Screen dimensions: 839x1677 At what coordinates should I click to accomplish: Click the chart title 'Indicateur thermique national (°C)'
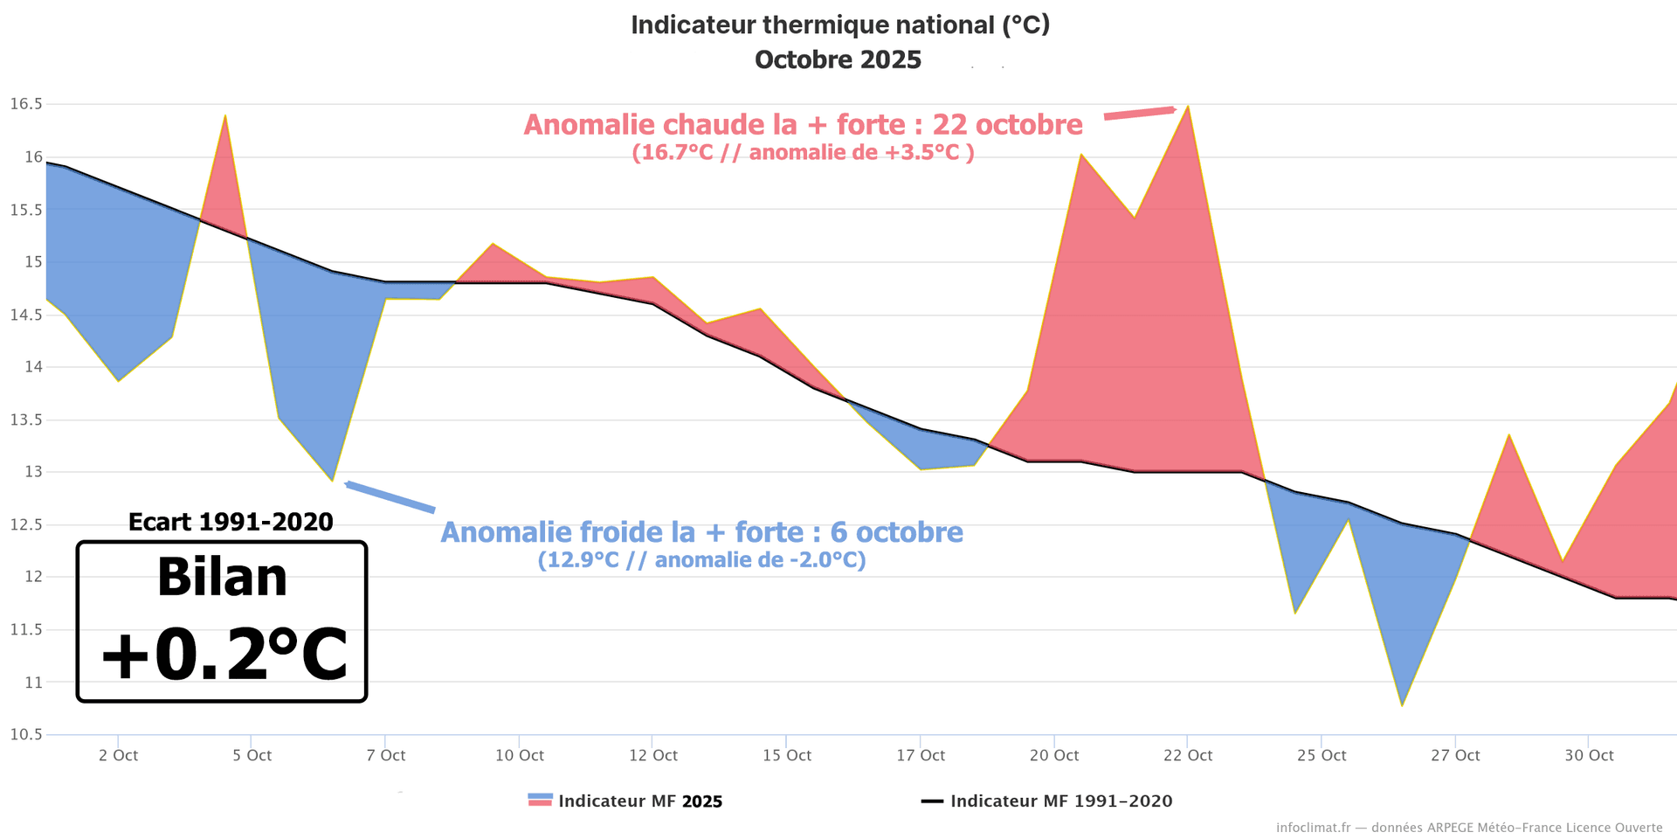839,25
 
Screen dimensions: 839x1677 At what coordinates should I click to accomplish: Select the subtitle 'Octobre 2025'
838,59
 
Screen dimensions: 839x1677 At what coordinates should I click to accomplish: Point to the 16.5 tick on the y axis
26,104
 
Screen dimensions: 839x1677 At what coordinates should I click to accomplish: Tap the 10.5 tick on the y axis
26,734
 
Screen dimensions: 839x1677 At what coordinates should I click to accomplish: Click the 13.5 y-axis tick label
26,419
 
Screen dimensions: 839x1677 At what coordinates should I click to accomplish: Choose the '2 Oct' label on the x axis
118,755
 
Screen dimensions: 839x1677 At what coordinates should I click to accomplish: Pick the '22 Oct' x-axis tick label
1187,755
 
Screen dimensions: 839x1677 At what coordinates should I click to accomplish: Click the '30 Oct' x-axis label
1588,755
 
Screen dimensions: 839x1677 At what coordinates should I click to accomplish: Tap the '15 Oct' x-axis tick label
786,755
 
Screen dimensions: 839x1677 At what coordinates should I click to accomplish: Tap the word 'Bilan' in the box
222,578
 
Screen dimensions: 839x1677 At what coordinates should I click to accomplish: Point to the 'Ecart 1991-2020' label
231,522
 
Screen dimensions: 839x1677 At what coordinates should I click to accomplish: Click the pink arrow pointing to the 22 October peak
1140,113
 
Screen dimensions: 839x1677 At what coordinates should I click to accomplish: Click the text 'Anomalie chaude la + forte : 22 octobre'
803,125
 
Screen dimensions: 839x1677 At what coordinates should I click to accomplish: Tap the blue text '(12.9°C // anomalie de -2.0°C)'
701,560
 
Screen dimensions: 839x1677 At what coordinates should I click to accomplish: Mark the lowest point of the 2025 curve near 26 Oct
1402,704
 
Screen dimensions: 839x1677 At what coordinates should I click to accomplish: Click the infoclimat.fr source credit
1468,827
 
